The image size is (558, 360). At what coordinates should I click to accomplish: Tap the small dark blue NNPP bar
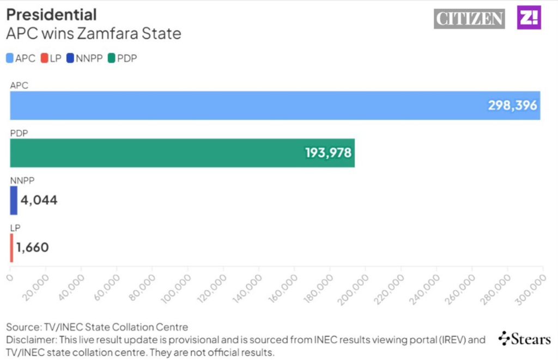(14, 200)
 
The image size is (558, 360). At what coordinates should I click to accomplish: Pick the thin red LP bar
(11, 248)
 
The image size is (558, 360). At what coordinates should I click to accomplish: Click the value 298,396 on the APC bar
(512, 106)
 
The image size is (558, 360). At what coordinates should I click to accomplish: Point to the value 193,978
(329, 153)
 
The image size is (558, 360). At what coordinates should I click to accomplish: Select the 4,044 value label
(39, 200)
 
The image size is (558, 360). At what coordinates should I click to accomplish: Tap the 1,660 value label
(33, 248)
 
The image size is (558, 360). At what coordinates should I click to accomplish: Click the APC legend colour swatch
(10, 58)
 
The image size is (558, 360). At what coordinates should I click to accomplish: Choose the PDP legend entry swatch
(112, 58)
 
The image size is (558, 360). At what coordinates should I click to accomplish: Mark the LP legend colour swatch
(45, 58)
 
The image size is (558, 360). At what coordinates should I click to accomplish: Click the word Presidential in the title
(51, 14)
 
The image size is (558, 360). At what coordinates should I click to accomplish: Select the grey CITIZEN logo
(469, 19)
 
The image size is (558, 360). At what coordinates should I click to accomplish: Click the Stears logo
(524, 339)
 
